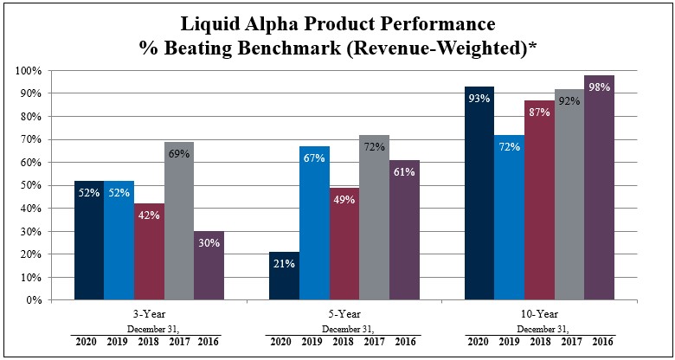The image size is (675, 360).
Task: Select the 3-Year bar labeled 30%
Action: click(208, 266)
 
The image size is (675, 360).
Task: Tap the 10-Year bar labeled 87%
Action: click(539, 200)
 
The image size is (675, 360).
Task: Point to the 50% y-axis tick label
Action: click(33, 185)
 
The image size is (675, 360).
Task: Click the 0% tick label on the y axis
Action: click(35, 300)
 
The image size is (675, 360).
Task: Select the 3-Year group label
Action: click(148, 314)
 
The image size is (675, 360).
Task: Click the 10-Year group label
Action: click(539, 314)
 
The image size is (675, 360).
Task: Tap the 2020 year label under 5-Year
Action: click(281, 342)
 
